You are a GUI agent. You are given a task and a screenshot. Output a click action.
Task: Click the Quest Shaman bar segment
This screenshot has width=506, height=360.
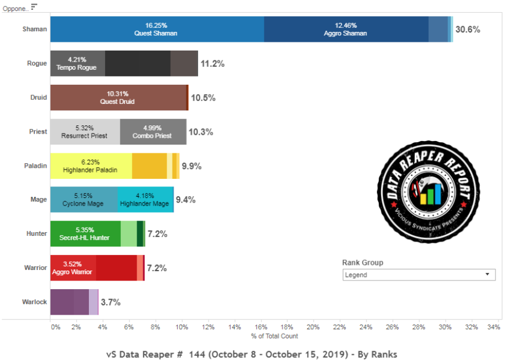click(x=157, y=30)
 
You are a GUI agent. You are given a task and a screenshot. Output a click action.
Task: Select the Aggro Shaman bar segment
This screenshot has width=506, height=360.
click(x=346, y=30)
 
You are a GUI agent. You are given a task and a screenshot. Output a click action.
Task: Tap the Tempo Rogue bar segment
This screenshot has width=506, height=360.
click(x=77, y=63)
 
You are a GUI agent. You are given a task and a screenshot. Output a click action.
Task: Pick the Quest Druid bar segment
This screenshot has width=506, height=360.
click(x=119, y=98)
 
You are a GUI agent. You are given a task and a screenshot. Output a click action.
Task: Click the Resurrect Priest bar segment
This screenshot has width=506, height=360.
click(x=85, y=132)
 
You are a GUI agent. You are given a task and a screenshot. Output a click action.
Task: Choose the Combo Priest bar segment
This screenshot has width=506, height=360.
click(x=153, y=132)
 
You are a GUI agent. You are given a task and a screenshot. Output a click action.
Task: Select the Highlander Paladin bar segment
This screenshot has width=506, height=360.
click(x=91, y=166)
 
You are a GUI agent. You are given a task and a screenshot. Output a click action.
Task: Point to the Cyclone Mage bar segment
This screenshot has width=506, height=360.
click(x=84, y=200)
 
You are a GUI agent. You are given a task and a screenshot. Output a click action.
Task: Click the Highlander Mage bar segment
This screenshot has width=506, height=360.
click(x=145, y=200)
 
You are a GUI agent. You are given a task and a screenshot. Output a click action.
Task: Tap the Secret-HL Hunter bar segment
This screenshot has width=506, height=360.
click(x=85, y=234)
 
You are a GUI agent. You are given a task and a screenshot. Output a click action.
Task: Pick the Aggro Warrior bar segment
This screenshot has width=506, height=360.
click(x=73, y=268)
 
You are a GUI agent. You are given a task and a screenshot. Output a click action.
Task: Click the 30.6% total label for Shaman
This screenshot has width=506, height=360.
click(x=468, y=30)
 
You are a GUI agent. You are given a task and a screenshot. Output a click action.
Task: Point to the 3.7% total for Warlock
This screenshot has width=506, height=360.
click(x=110, y=303)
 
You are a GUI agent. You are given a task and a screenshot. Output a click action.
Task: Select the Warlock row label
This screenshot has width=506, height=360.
click(x=34, y=302)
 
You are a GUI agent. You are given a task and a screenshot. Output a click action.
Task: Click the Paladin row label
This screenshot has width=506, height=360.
click(x=35, y=166)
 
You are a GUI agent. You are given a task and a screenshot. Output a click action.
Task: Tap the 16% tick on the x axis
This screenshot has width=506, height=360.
click(x=260, y=327)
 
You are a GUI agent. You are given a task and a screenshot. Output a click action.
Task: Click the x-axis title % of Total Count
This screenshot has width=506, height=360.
click(x=274, y=336)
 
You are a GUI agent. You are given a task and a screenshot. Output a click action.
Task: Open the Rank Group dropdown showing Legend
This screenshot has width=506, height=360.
click(x=418, y=275)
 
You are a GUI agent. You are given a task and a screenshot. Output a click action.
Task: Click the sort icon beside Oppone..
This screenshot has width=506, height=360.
click(x=34, y=6)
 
